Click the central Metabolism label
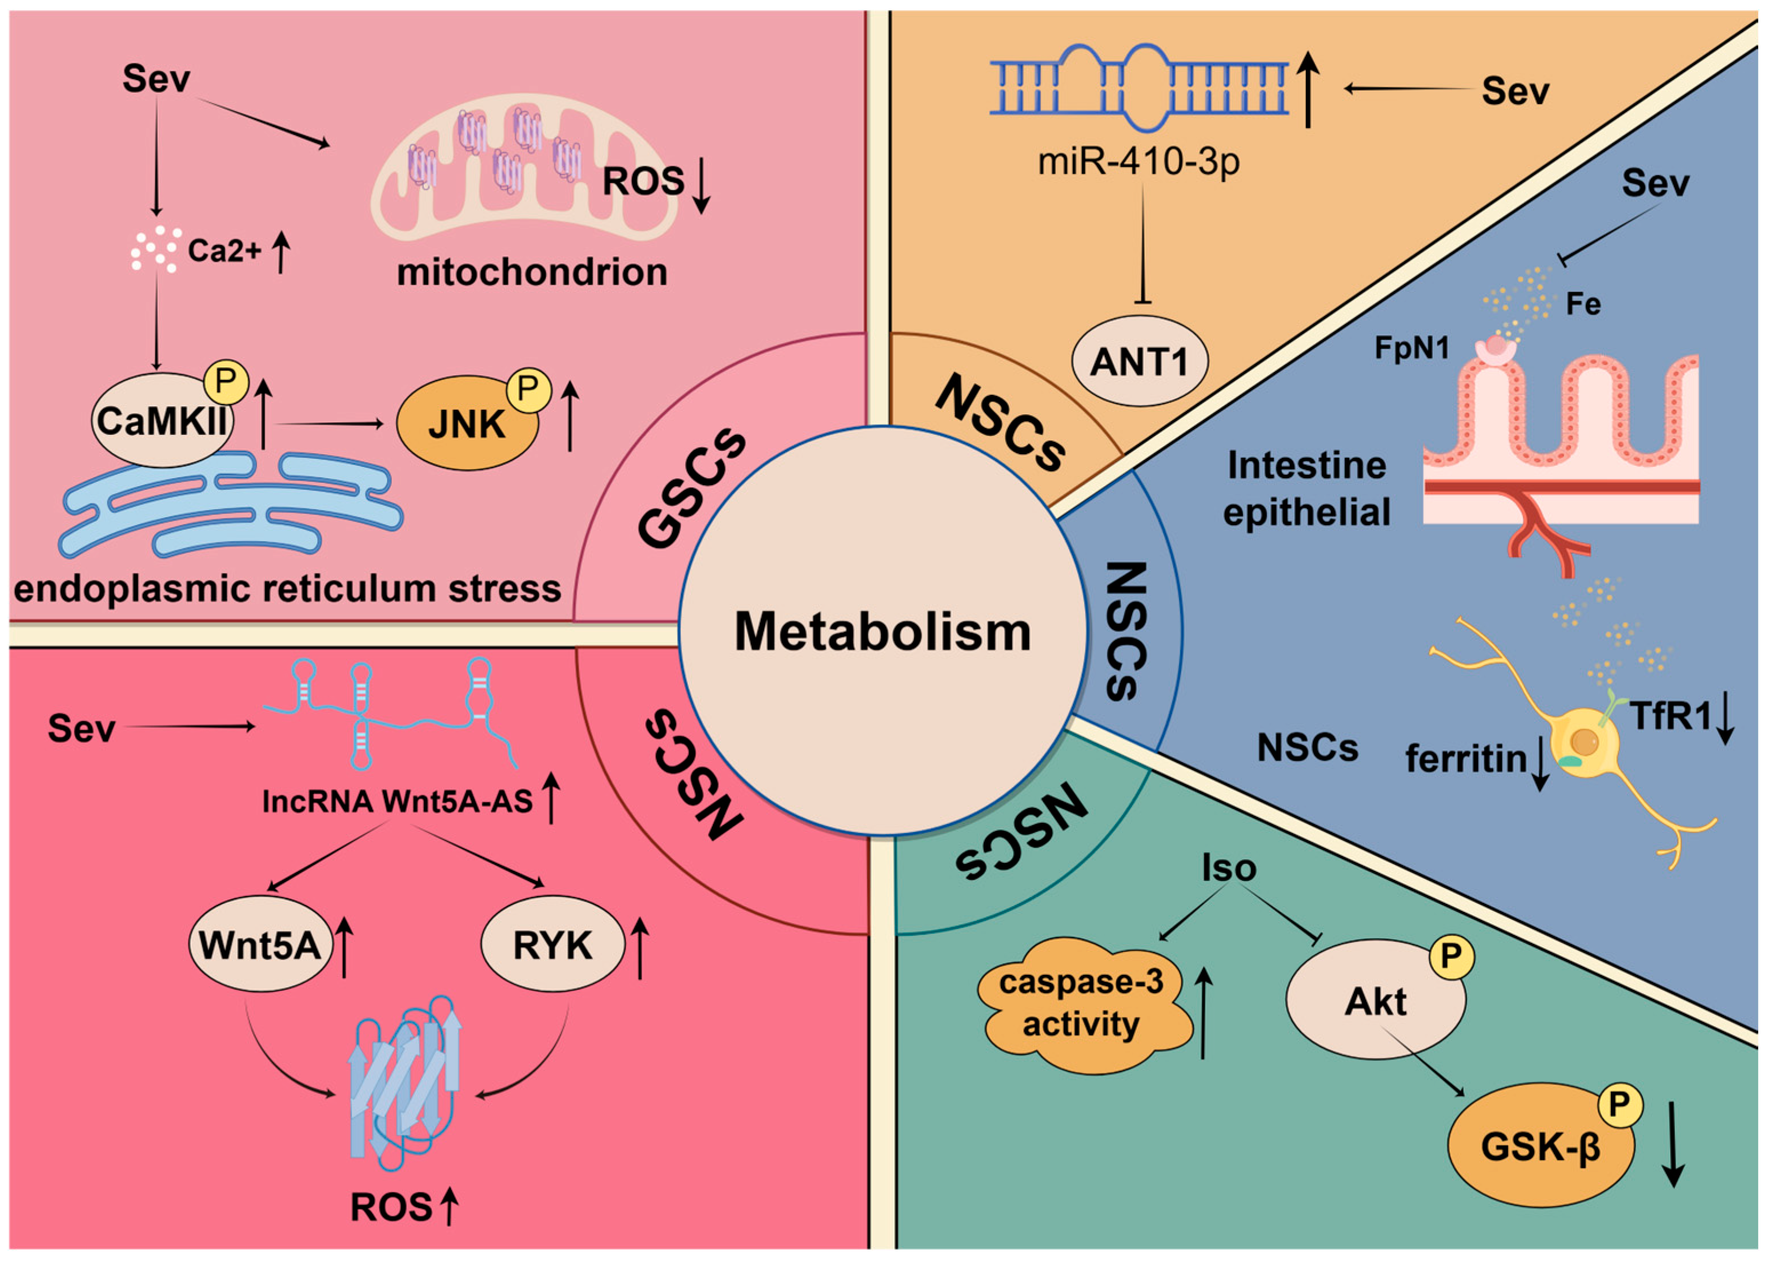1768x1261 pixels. coord(883,632)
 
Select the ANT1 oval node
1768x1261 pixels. coord(1139,362)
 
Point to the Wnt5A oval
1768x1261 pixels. coord(260,945)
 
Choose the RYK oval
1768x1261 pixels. coord(552,945)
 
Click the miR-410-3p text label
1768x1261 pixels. coord(1138,162)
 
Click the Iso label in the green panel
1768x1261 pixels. coord(1229,867)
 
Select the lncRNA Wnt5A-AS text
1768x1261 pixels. coord(398,801)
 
